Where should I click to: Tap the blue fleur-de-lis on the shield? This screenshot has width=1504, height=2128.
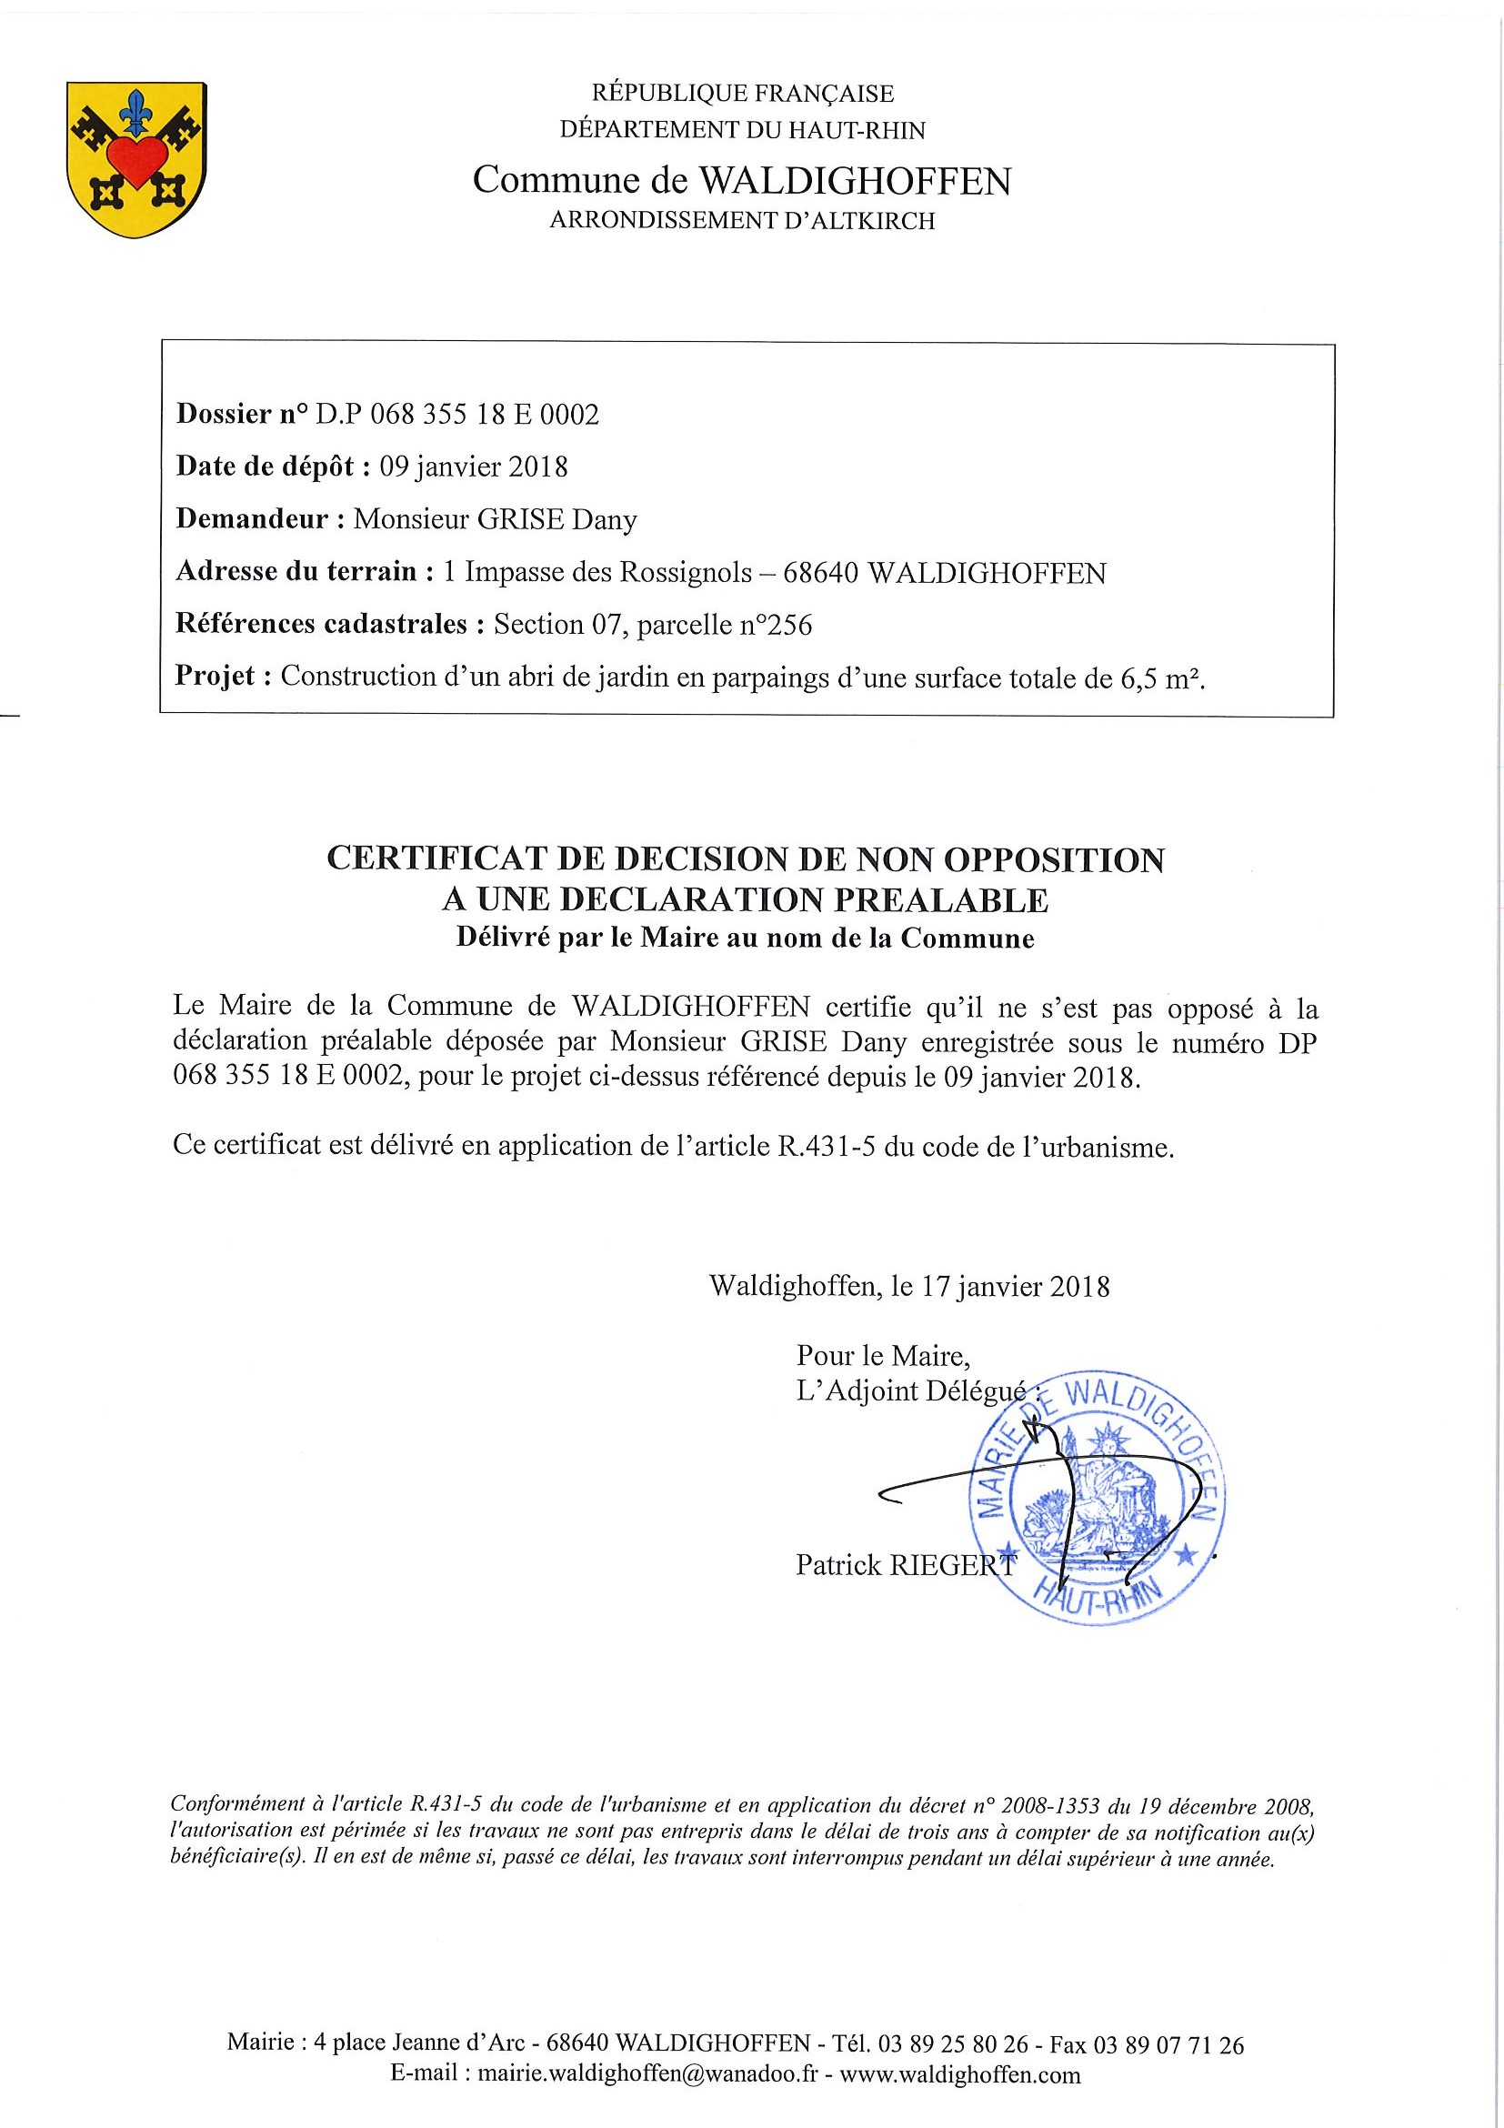pos(136,110)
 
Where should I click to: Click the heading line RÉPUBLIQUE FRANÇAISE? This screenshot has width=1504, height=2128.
pos(742,94)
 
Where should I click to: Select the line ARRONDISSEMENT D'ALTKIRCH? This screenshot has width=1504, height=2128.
pos(742,221)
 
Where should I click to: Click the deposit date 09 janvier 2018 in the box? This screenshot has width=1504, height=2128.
pos(474,467)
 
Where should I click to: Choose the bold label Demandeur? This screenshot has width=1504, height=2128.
pos(252,519)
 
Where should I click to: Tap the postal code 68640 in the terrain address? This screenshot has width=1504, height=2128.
pos(821,573)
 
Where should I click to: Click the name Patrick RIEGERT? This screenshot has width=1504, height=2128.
pos(906,1565)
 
